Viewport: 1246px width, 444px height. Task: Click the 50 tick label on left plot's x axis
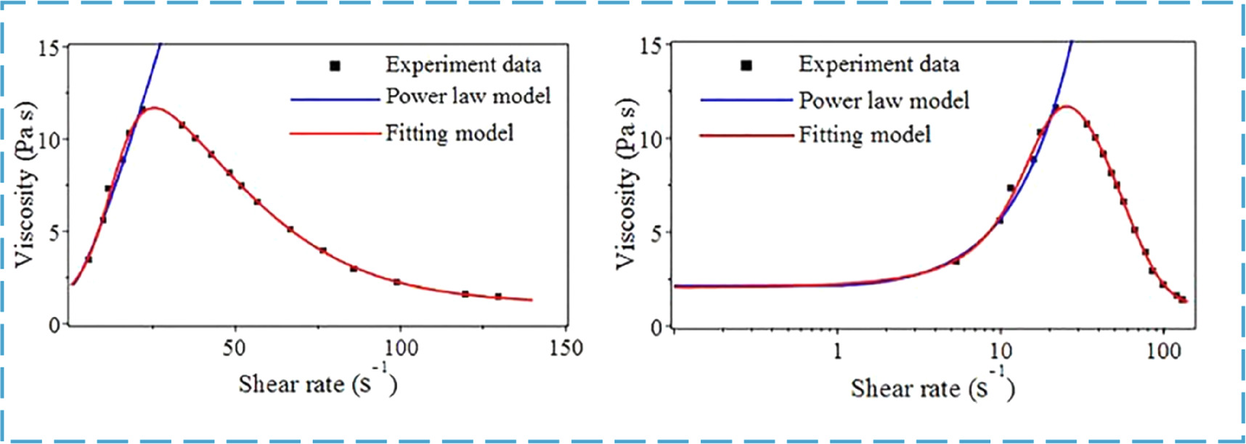coord(234,348)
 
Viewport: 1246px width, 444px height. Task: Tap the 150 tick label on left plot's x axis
coord(566,348)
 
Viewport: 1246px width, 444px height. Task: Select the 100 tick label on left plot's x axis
coord(400,348)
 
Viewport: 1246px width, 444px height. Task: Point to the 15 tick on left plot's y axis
coord(49,48)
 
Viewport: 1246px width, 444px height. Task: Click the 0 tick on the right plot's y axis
coord(656,328)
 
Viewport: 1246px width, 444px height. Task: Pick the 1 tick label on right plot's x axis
coord(837,351)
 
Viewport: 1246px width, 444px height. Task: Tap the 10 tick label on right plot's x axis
coord(1001,351)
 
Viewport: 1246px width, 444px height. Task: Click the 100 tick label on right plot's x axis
coord(1164,351)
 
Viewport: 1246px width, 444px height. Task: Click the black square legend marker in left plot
coord(335,66)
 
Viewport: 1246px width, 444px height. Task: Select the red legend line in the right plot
coord(746,136)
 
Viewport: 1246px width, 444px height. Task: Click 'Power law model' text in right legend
coord(884,100)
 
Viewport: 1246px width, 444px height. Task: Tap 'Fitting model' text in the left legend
coord(449,133)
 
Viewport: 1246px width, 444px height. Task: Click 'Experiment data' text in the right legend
coord(879,65)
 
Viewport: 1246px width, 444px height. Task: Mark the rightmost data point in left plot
coord(498,296)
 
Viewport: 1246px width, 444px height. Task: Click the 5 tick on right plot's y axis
coord(656,234)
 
